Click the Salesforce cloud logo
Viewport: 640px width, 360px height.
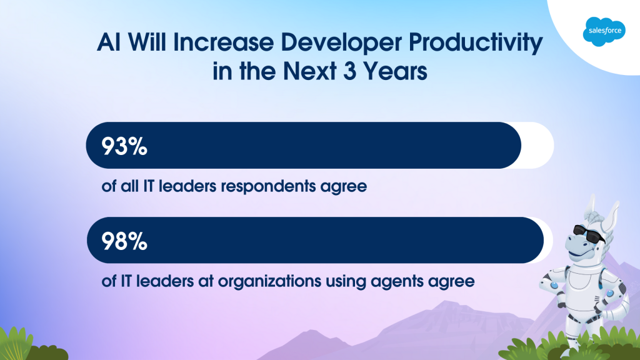coord(604,31)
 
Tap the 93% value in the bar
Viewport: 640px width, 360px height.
coord(124,146)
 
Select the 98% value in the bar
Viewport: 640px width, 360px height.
coord(124,241)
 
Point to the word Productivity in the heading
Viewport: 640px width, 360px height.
coord(476,42)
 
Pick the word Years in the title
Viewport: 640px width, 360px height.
coord(395,71)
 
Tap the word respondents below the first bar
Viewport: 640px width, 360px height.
coord(268,187)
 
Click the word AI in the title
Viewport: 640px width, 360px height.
coord(109,42)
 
